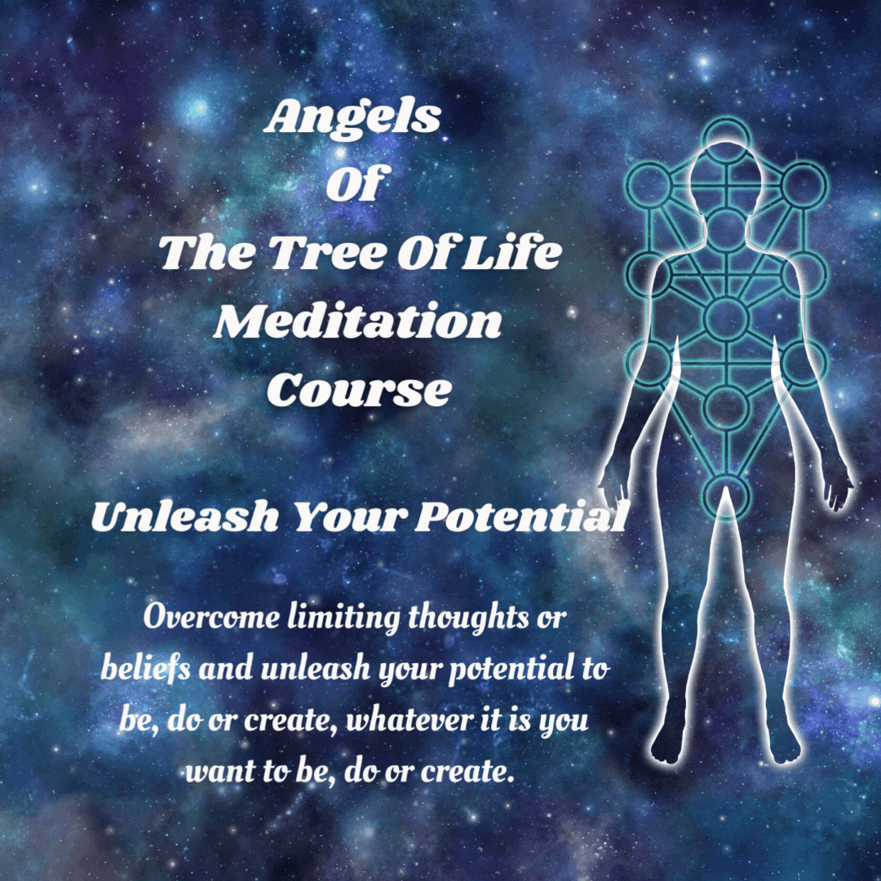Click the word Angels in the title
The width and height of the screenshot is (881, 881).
(x=352, y=119)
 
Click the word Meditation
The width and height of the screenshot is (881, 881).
(x=358, y=321)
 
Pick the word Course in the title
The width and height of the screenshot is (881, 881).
(x=358, y=390)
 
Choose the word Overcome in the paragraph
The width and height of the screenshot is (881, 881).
(x=211, y=618)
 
